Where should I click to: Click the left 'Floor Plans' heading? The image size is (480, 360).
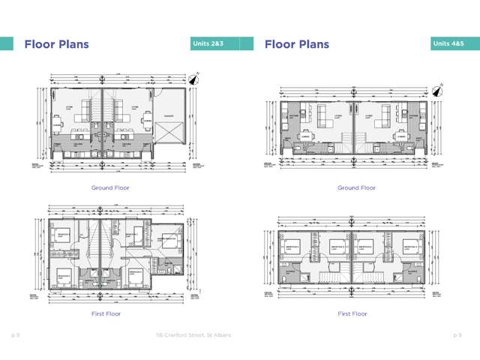(56, 44)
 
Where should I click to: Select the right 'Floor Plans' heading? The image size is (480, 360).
(297, 44)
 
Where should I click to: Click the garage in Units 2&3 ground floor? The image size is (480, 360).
(169, 124)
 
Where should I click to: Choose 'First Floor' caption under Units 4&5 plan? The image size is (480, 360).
(352, 313)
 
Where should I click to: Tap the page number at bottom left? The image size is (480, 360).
(14, 335)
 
